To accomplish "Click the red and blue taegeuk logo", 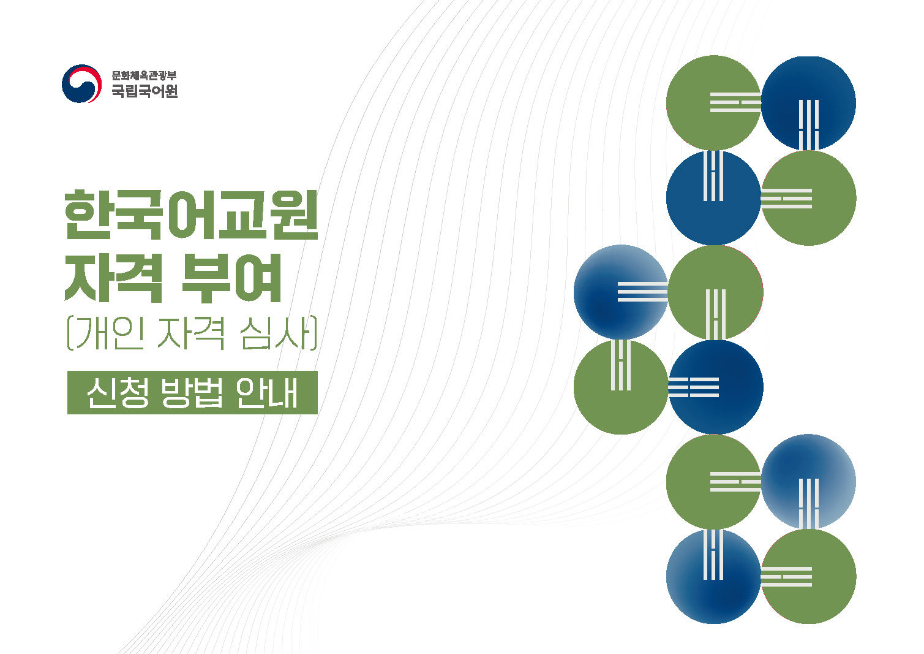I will [x=81, y=84].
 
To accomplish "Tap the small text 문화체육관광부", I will [x=144, y=76].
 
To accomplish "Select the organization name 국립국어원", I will [x=145, y=92].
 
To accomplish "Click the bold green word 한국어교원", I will [x=192, y=215].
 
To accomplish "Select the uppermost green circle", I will [x=713, y=103].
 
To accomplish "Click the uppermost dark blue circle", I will [x=808, y=103].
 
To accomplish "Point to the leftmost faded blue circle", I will [x=621, y=292].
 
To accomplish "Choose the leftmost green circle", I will [x=621, y=387].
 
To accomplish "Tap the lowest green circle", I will [x=808, y=577].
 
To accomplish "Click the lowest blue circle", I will [x=713, y=577].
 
